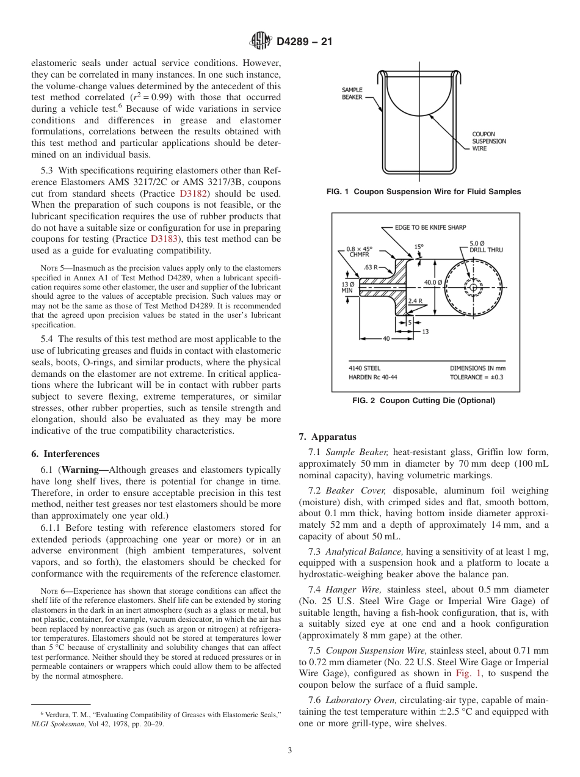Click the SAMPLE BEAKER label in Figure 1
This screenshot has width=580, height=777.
coord(352,93)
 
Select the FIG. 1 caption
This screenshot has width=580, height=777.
coord(424,192)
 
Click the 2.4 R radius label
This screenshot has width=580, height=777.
coord(415,301)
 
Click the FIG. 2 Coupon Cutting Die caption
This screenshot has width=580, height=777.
coord(424,401)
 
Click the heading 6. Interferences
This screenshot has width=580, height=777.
coord(65,454)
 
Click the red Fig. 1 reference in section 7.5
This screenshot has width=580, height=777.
coord(465,673)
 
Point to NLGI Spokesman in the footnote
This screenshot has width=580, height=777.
coord(58,724)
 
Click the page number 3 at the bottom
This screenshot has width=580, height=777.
coord(289,751)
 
